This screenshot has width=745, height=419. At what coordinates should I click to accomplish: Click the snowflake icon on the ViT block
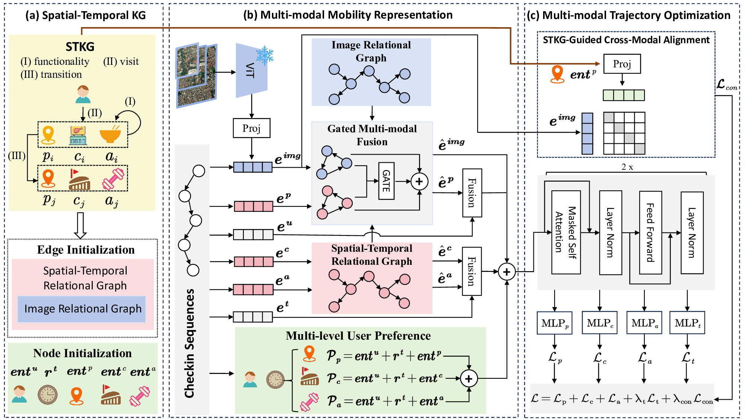pos(264,55)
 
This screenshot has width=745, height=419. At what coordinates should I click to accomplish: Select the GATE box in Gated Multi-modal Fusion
pos(386,181)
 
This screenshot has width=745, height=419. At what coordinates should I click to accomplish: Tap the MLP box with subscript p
pos(555,323)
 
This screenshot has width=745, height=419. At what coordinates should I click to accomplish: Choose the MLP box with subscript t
pos(687,323)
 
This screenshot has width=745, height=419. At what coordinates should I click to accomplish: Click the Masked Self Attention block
pos(566,232)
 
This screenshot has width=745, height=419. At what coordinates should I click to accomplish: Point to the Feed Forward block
pos(650,232)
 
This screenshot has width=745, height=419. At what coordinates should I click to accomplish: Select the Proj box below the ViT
pos(251,128)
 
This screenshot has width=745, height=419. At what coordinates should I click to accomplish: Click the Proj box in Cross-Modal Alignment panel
pos(622,64)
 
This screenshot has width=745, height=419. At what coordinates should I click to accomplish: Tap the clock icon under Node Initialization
pos(48,395)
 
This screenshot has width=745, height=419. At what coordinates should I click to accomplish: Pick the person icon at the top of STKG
pos(83,94)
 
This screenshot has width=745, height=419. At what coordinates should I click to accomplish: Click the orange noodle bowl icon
pos(110,134)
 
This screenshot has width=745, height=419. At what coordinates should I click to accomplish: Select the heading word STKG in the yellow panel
pos(80,47)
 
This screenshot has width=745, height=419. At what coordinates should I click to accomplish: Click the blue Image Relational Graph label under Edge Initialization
pos(83,309)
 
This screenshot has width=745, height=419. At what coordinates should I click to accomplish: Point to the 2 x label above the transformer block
pos(627,167)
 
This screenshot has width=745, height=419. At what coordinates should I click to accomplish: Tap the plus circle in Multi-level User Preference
pos(469,379)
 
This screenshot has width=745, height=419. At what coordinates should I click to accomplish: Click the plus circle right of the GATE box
pos(419,181)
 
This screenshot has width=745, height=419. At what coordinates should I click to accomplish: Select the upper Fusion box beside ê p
pos(472,193)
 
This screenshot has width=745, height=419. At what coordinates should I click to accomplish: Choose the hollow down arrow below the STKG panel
pos(80,225)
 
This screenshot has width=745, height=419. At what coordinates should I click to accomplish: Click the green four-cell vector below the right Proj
pos(624,95)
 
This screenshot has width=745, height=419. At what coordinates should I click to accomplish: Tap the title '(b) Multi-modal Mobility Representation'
pos(348,15)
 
